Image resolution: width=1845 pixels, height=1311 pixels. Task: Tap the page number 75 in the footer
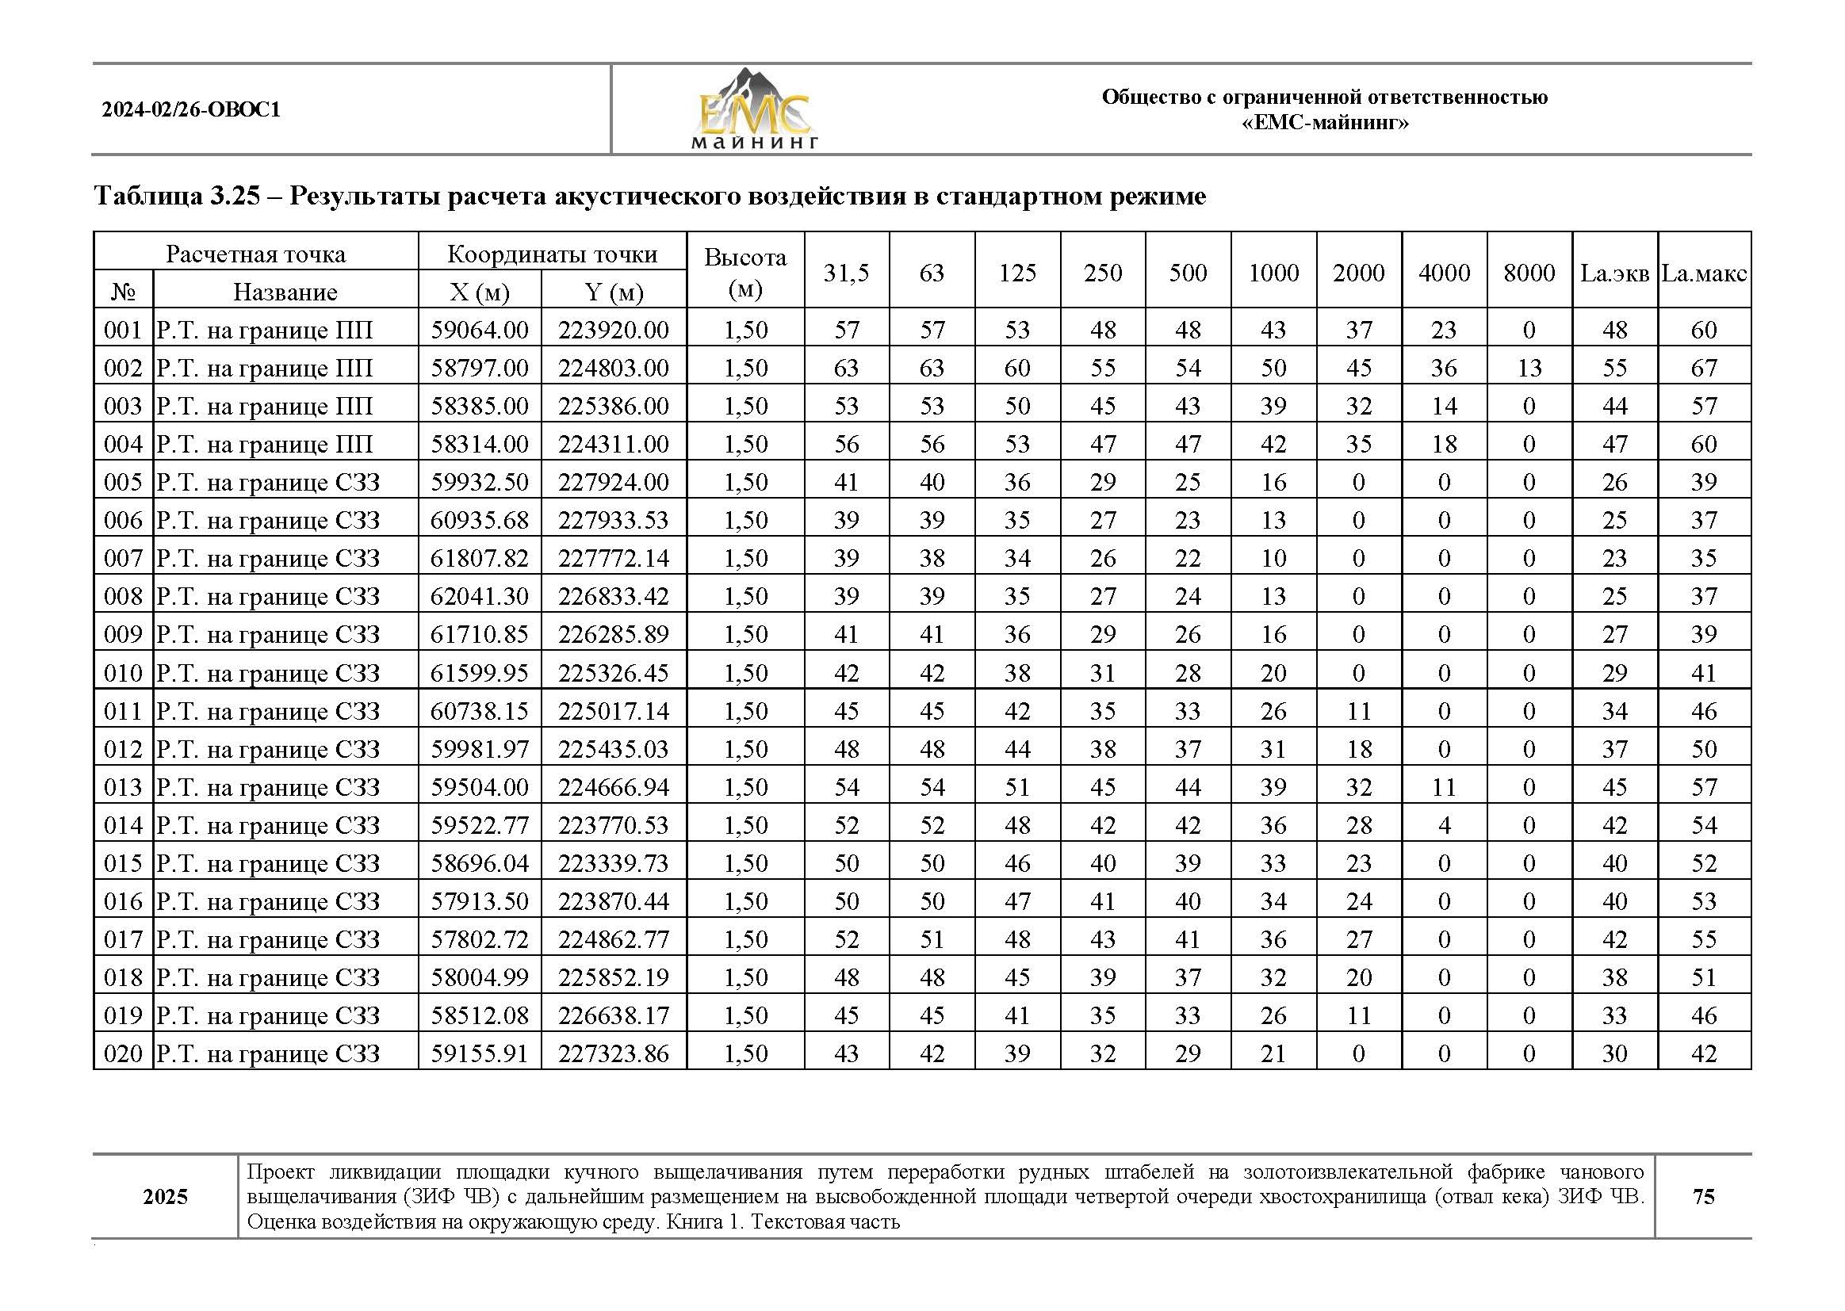1703,1196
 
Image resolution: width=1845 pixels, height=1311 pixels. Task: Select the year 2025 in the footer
166,1197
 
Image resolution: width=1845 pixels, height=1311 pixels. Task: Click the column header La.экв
1614,273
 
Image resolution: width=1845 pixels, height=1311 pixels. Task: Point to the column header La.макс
1704,273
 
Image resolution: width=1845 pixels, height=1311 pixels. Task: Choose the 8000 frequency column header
1529,273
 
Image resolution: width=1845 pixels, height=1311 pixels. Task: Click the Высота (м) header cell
745,273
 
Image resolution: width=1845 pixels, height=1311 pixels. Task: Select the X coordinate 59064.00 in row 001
480,331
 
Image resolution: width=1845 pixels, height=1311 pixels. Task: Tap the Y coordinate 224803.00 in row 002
614,368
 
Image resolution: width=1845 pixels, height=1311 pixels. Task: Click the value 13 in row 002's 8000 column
1529,368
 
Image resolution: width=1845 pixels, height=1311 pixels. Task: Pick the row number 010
123,673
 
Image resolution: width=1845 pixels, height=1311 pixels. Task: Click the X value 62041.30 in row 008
480,597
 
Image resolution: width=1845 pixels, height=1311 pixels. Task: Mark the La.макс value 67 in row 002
1704,368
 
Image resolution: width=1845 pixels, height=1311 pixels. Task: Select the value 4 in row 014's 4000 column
1444,825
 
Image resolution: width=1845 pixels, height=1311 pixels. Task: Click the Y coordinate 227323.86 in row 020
614,1053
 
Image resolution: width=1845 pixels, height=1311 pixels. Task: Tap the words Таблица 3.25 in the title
177,196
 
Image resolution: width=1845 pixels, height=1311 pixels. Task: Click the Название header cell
285,292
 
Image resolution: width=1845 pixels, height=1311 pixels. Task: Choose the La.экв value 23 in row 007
1614,559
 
